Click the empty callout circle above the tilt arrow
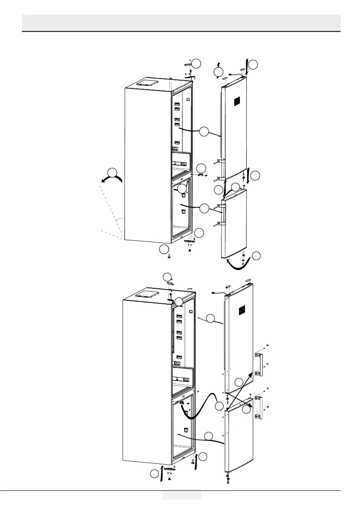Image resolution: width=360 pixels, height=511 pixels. click(x=112, y=172)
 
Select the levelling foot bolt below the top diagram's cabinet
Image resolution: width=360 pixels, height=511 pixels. click(x=169, y=256)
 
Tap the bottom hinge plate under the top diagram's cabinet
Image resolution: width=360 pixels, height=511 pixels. click(x=189, y=242)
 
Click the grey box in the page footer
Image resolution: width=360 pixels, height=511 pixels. click(x=182, y=494)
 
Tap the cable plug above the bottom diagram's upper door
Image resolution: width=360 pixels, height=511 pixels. click(x=215, y=293)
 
